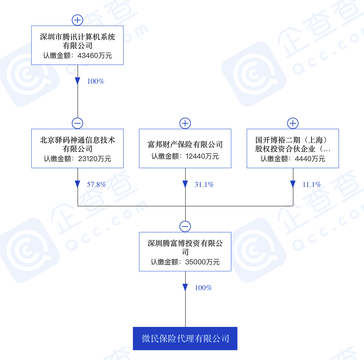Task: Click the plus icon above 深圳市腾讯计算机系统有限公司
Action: tap(77, 20)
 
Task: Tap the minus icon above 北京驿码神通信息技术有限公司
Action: tap(77, 123)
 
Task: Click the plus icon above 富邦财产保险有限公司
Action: tap(185, 123)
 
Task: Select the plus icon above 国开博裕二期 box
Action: tap(293, 123)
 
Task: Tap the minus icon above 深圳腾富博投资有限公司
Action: tap(185, 227)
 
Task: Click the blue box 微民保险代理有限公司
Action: tap(185, 339)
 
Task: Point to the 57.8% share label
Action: tap(96, 185)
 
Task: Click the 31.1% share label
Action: tap(204, 185)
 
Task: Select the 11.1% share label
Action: tap(312, 185)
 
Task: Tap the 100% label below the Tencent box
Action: tap(96, 82)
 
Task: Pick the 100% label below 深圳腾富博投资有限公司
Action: tap(203, 288)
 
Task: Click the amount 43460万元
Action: tap(95, 56)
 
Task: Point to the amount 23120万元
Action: tap(95, 159)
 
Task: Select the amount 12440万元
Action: tap(202, 156)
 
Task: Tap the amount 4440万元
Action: tap(310, 159)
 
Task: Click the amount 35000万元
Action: tap(202, 262)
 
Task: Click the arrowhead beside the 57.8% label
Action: tap(77, 184)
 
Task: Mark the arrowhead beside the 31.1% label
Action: tap(185, 184)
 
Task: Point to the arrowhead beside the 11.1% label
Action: tap(293, 184)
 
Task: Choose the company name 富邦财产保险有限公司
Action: tap(185, 145)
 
